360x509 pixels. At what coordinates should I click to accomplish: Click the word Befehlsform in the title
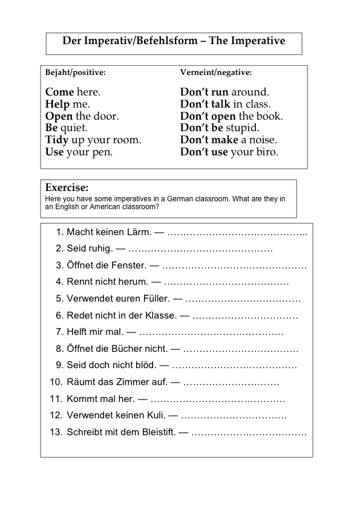165,41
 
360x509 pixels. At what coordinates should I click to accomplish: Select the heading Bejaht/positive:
76,73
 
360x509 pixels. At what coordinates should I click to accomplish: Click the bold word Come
59,92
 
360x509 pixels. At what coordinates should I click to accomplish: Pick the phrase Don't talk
205,105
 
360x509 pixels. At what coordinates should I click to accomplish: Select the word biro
267,152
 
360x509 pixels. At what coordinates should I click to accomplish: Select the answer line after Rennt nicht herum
226,282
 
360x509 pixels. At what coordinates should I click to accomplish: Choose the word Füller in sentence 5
154,299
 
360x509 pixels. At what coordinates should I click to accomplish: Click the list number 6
59,316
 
